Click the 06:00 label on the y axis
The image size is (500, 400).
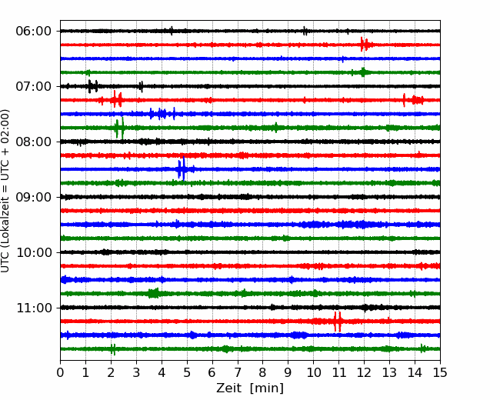(34, 32)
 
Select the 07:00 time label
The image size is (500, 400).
(34, 86)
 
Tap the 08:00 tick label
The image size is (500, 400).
(34, 142)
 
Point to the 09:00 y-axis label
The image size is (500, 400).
(34, 198)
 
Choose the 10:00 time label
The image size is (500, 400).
(34, 252)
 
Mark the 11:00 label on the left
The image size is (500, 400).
(34, 308)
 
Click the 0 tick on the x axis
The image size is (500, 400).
(60, 372)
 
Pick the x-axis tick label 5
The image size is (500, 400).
(187, 372)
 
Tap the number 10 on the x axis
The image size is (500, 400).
(313, 372)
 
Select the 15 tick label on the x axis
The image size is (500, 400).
(440, 372)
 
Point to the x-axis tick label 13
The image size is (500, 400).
(389, 372)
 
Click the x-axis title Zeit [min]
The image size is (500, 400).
(250, 388)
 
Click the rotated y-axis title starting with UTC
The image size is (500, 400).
(5, 191)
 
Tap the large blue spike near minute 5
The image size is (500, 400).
(182, 168)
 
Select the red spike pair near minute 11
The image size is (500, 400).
(338, 322)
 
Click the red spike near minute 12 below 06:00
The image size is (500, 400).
(365, 45)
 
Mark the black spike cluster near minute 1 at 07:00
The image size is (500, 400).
(93, 86)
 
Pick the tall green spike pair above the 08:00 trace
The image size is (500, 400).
(119, 128)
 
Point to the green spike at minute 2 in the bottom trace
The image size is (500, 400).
(112, 349)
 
